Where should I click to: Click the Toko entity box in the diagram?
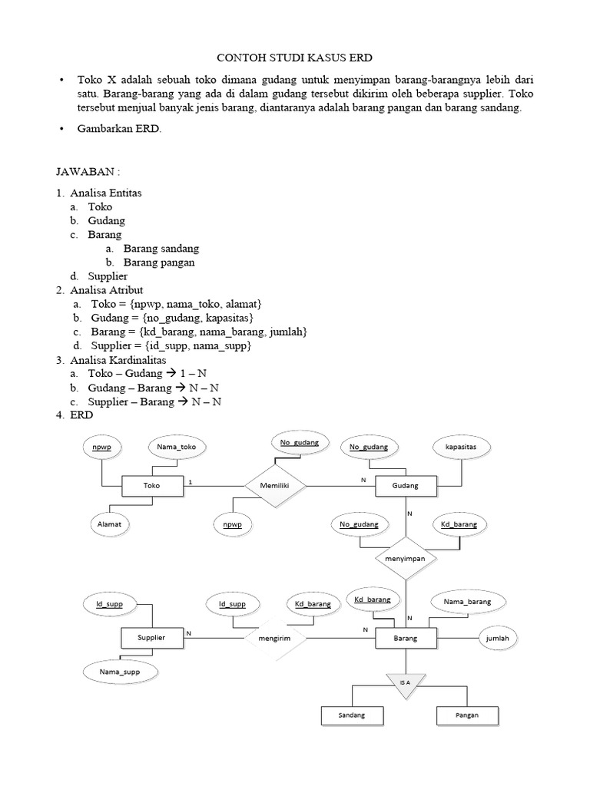coord(153,486)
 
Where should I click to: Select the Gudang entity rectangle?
coord(406,486)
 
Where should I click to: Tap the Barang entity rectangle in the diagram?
coord(406,638)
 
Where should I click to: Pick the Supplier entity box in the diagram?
coord(151,638)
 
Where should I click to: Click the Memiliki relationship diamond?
coord(276,485)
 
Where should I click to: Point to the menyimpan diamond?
coord(405,559)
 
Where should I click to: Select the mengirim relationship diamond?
coord(276,638)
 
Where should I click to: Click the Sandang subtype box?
coord(351,715)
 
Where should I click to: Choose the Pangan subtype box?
coord(467,715)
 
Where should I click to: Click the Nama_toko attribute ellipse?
coord(177,446)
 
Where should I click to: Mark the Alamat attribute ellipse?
coord(108,524)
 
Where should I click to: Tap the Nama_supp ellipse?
coord(120,672)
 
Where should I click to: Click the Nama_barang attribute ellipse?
coord(467,602)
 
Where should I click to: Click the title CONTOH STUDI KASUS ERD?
coord(296,58)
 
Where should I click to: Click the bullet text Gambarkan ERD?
coord(118,129)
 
